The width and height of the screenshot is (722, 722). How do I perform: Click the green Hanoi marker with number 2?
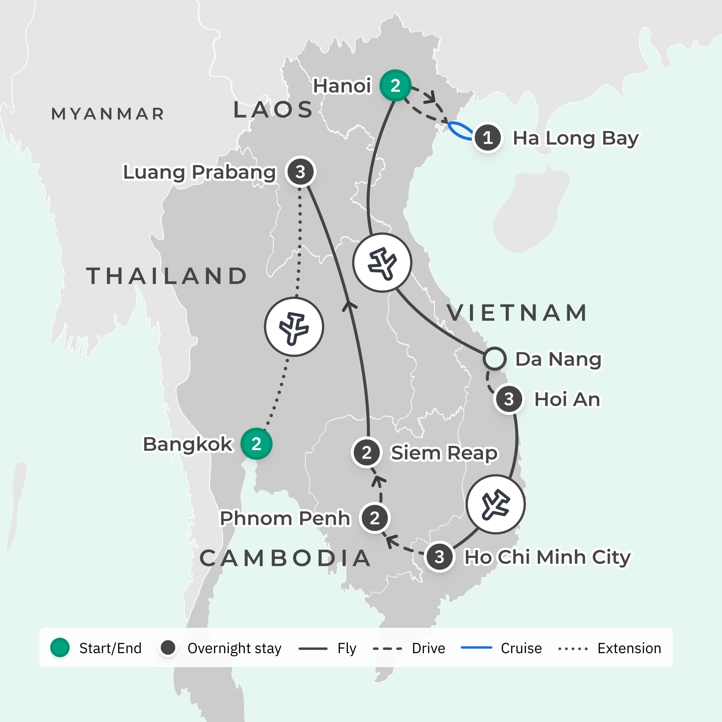pyautogui.click(x=395, y=86)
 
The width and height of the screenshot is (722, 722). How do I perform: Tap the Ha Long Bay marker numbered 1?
pyautogui.click(x=487, y=138)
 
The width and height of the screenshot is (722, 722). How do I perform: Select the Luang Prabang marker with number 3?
pyautogui.click(x=300, y=172)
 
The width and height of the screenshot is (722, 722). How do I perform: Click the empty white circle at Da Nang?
pyautogui.click(x=494, y=359)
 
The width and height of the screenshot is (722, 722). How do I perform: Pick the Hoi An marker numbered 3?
pyautogui.click(x=509, y=399)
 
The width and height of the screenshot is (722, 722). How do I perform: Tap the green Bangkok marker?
pyautogui.click(x=256, y=444)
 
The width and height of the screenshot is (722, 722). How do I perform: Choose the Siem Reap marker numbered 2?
pyautogui.click(x=367, y=453)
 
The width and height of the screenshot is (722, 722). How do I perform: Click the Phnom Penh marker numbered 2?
pyautogui.click(x=374, y=518)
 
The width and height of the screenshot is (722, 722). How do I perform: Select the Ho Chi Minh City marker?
pyautogui.click(x=440, y=557)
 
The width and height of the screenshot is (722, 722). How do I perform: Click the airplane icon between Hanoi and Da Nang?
pyautogui.click(x=382, y=262)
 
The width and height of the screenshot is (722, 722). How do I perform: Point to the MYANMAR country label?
pyautogui.click(x=108, y=114)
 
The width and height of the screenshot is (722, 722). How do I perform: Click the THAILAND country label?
pyautogui.click(x=167, y=276)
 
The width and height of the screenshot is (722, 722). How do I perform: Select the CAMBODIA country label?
pyautogui.click(x=285, y=558)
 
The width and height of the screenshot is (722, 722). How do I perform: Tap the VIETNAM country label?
pyautogui.click(x=517, y=313)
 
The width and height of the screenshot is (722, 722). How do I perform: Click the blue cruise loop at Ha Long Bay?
pyautogui.click(x=460, y=131)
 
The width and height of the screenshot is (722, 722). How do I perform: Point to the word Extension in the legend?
pyautogui.click(x=629, y=648)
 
